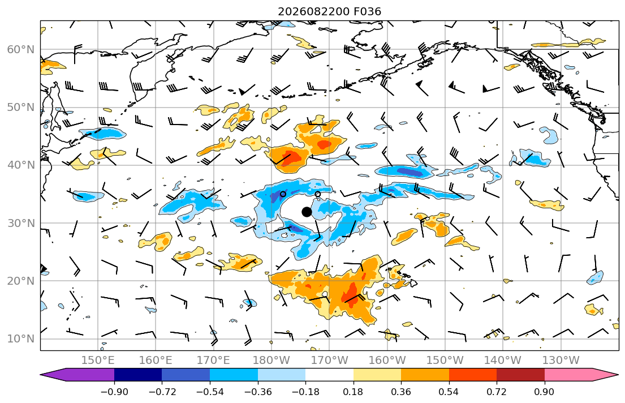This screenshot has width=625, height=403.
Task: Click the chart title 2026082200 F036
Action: [x=329, y=11]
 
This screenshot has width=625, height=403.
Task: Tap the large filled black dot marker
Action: [x=307, y=212]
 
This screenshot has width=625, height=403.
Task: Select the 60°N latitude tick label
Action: [x=21, y=49]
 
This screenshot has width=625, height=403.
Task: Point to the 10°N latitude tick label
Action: [x=21, y=339]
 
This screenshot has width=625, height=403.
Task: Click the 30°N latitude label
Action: [x=21, y=223]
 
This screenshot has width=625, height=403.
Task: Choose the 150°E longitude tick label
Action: [x=98, y=361]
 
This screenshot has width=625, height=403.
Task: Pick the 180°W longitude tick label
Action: [x=271, y=361]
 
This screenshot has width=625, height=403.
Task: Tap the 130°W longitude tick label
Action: [x=561, y=361]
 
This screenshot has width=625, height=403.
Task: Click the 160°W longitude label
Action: [x=387, y=361]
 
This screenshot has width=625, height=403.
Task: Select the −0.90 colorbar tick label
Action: [x=114, y=392]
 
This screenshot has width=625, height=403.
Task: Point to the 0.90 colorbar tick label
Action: [x=545, y=392]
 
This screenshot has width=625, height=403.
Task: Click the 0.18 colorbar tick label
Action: [x=353, y=392]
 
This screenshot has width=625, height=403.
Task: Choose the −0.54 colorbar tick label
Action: [x=210, y=392]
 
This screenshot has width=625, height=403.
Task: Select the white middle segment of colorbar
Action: [x=329, y=375]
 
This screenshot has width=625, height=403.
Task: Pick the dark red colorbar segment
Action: [x=520, y=375]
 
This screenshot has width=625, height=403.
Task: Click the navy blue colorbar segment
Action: [x=138, y=375]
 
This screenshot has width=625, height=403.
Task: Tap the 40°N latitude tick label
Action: [x=21, y=165]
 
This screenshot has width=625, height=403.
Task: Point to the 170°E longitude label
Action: [x=214, y=361]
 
